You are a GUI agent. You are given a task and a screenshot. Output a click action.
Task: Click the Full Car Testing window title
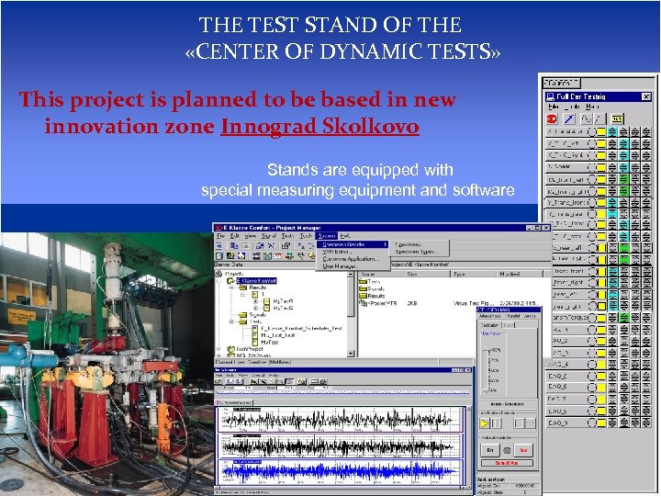(580, 96)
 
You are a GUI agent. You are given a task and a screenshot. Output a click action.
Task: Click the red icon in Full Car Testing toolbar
(552, 118)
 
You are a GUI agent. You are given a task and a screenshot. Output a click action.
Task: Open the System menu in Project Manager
(328, 237)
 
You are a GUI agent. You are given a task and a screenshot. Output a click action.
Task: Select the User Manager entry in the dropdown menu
(339, 265)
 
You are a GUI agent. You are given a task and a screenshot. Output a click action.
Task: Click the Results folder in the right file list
(376, 297)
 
